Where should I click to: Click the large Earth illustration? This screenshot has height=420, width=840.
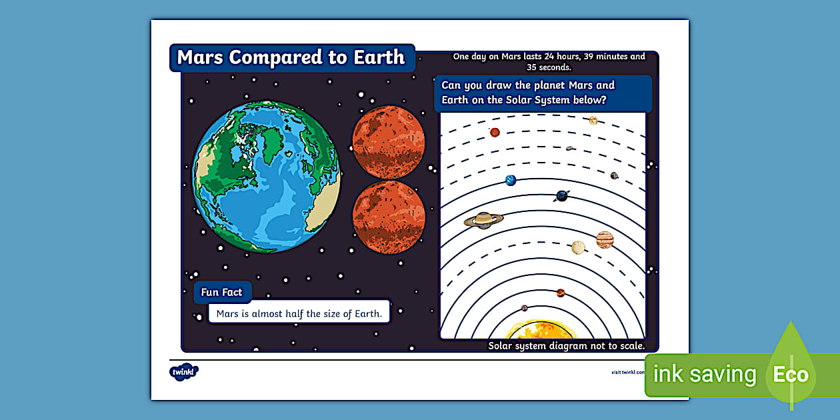[x=267, y=177]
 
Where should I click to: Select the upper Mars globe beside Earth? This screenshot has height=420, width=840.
[x=389, y=142]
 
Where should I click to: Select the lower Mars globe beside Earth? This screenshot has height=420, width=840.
[x=389, y=217]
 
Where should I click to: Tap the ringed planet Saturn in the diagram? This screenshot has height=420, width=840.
[x=483, y=220]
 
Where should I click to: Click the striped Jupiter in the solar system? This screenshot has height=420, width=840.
[x=605, y=239]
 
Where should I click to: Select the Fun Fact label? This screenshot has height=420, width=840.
[x=222, y=292]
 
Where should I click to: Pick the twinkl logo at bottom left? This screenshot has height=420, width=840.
[x=183, y=371]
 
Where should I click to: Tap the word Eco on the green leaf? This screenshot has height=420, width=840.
[x=791, y=374]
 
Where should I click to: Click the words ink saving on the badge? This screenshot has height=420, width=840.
[x=705, y=375]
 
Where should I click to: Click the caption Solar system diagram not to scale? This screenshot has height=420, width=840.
[x=566, y=345]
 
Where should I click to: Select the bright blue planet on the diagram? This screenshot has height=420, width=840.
[x=511, y=180]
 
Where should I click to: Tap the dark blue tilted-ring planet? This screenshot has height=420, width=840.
[x=562, y=195]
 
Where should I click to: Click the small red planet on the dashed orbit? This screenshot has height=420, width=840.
[x=495, y=132]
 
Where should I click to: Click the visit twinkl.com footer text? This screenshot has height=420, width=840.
[x=627, y=372]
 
